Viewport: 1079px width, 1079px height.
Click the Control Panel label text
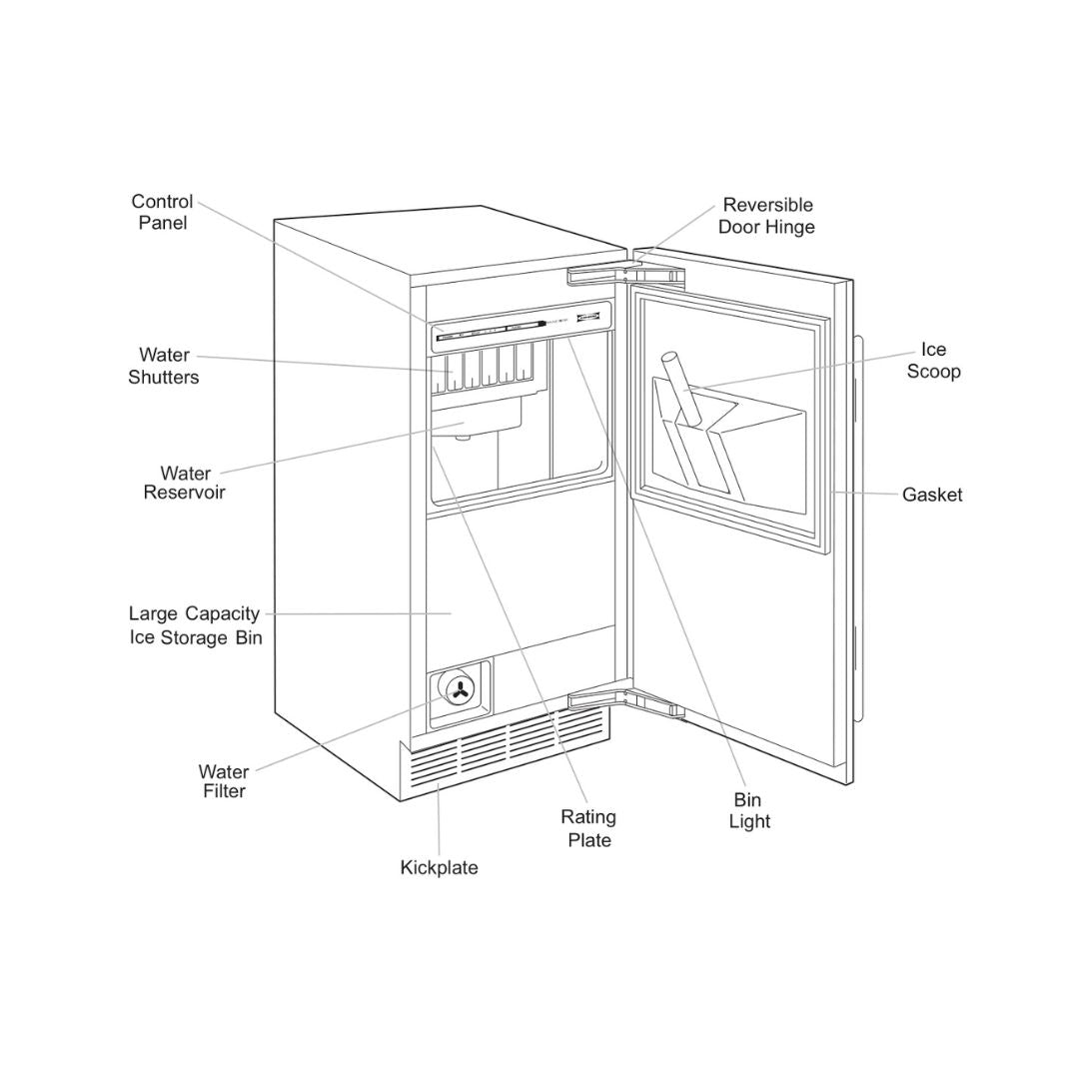(x=162, y=212)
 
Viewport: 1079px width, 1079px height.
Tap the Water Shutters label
(x=164, y=366)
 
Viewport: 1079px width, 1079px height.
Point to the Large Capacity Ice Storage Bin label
(x=195, y=625)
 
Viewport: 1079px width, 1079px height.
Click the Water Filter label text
(x=223, y=781)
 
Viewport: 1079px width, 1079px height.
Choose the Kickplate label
(x=439, y=867)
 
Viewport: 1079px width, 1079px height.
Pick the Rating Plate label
(x=588, y=828)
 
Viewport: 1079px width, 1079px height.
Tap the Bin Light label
(x=749, y=810)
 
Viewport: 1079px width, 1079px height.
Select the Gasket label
(x=932, y=495)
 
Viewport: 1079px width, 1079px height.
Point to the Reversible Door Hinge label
(x=767, y=216)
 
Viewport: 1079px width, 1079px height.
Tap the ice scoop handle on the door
(x=678, y=384)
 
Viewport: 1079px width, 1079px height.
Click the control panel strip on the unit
(x=520, y=327)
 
